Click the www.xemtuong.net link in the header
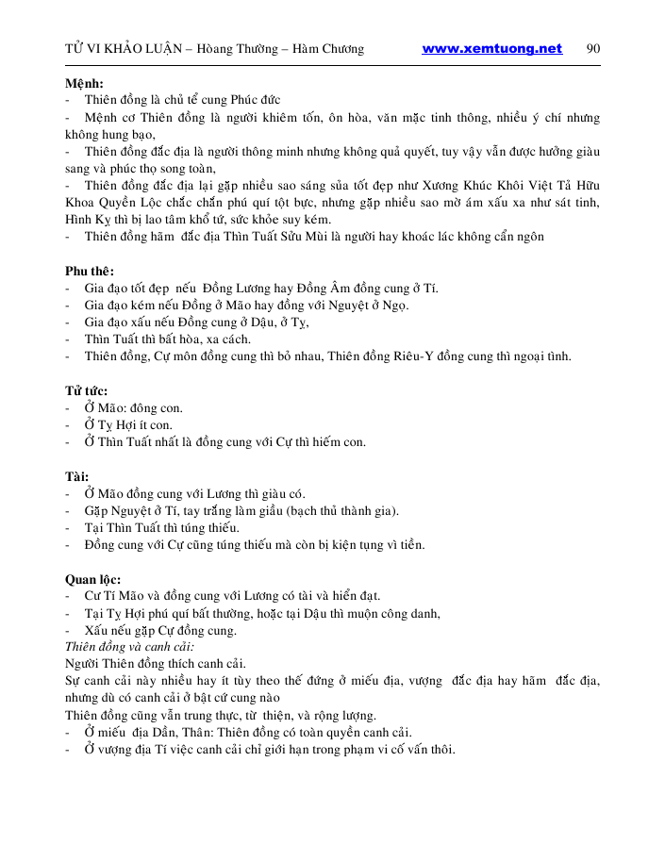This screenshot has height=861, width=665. (491, 49)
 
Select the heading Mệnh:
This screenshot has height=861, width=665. (84, 82)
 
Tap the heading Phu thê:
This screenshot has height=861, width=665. (90, 271)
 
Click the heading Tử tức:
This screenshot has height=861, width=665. (87, 390)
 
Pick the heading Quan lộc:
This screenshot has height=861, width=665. (93, 579)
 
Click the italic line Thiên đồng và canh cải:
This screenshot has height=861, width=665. (129, 647)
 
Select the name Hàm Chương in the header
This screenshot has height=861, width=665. (331, 49)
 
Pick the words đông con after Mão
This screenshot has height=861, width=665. (157, 408)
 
